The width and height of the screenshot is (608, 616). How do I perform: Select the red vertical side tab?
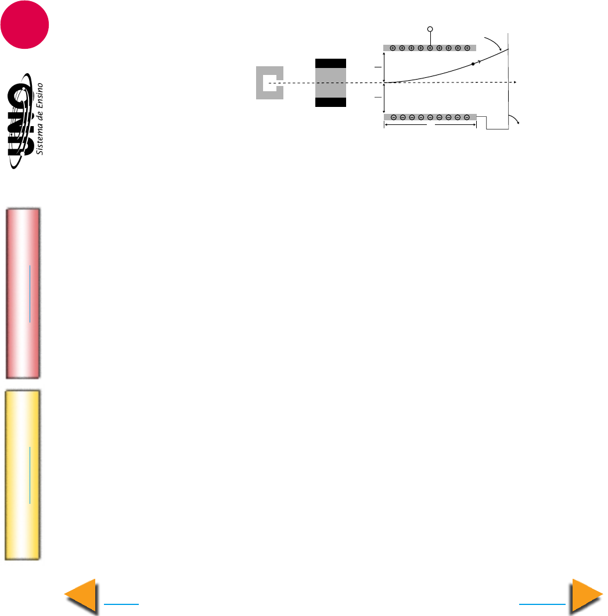coord(23,293)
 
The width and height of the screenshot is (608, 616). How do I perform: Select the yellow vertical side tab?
coord(23,475)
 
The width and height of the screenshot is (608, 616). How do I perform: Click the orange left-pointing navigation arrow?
coord(81,596)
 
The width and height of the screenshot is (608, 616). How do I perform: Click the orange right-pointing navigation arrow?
coord(587,596)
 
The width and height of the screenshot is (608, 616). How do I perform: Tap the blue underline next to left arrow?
coord(121,604)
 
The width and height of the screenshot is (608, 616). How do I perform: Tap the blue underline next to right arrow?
coord(542,604)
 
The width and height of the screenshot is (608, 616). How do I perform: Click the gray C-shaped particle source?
coord(268,83)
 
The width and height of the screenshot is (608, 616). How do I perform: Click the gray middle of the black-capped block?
coord(330,83)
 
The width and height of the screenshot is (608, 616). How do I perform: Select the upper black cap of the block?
coord(330,63)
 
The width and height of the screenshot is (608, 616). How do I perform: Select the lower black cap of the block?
coord(330,102)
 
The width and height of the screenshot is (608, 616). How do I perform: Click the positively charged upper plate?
coord(430,48)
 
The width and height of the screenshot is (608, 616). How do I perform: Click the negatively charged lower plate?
coord(430,117)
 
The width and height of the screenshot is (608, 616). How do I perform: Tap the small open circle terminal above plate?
coord(430,29)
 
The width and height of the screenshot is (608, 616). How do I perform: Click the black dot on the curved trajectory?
coord(473,64)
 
